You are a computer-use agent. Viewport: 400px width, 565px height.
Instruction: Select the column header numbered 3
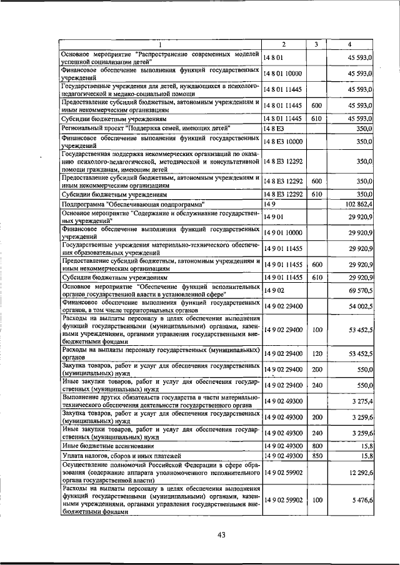coord(316,44)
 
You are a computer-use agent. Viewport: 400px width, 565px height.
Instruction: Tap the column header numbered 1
coord(159,44)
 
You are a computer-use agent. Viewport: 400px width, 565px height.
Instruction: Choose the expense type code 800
coord(316,446)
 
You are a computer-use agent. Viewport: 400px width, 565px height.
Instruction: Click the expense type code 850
coord(316,457)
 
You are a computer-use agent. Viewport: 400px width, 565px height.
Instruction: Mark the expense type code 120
coord(316,353)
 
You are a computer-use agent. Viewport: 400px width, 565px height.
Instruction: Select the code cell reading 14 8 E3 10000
coord(282,142)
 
